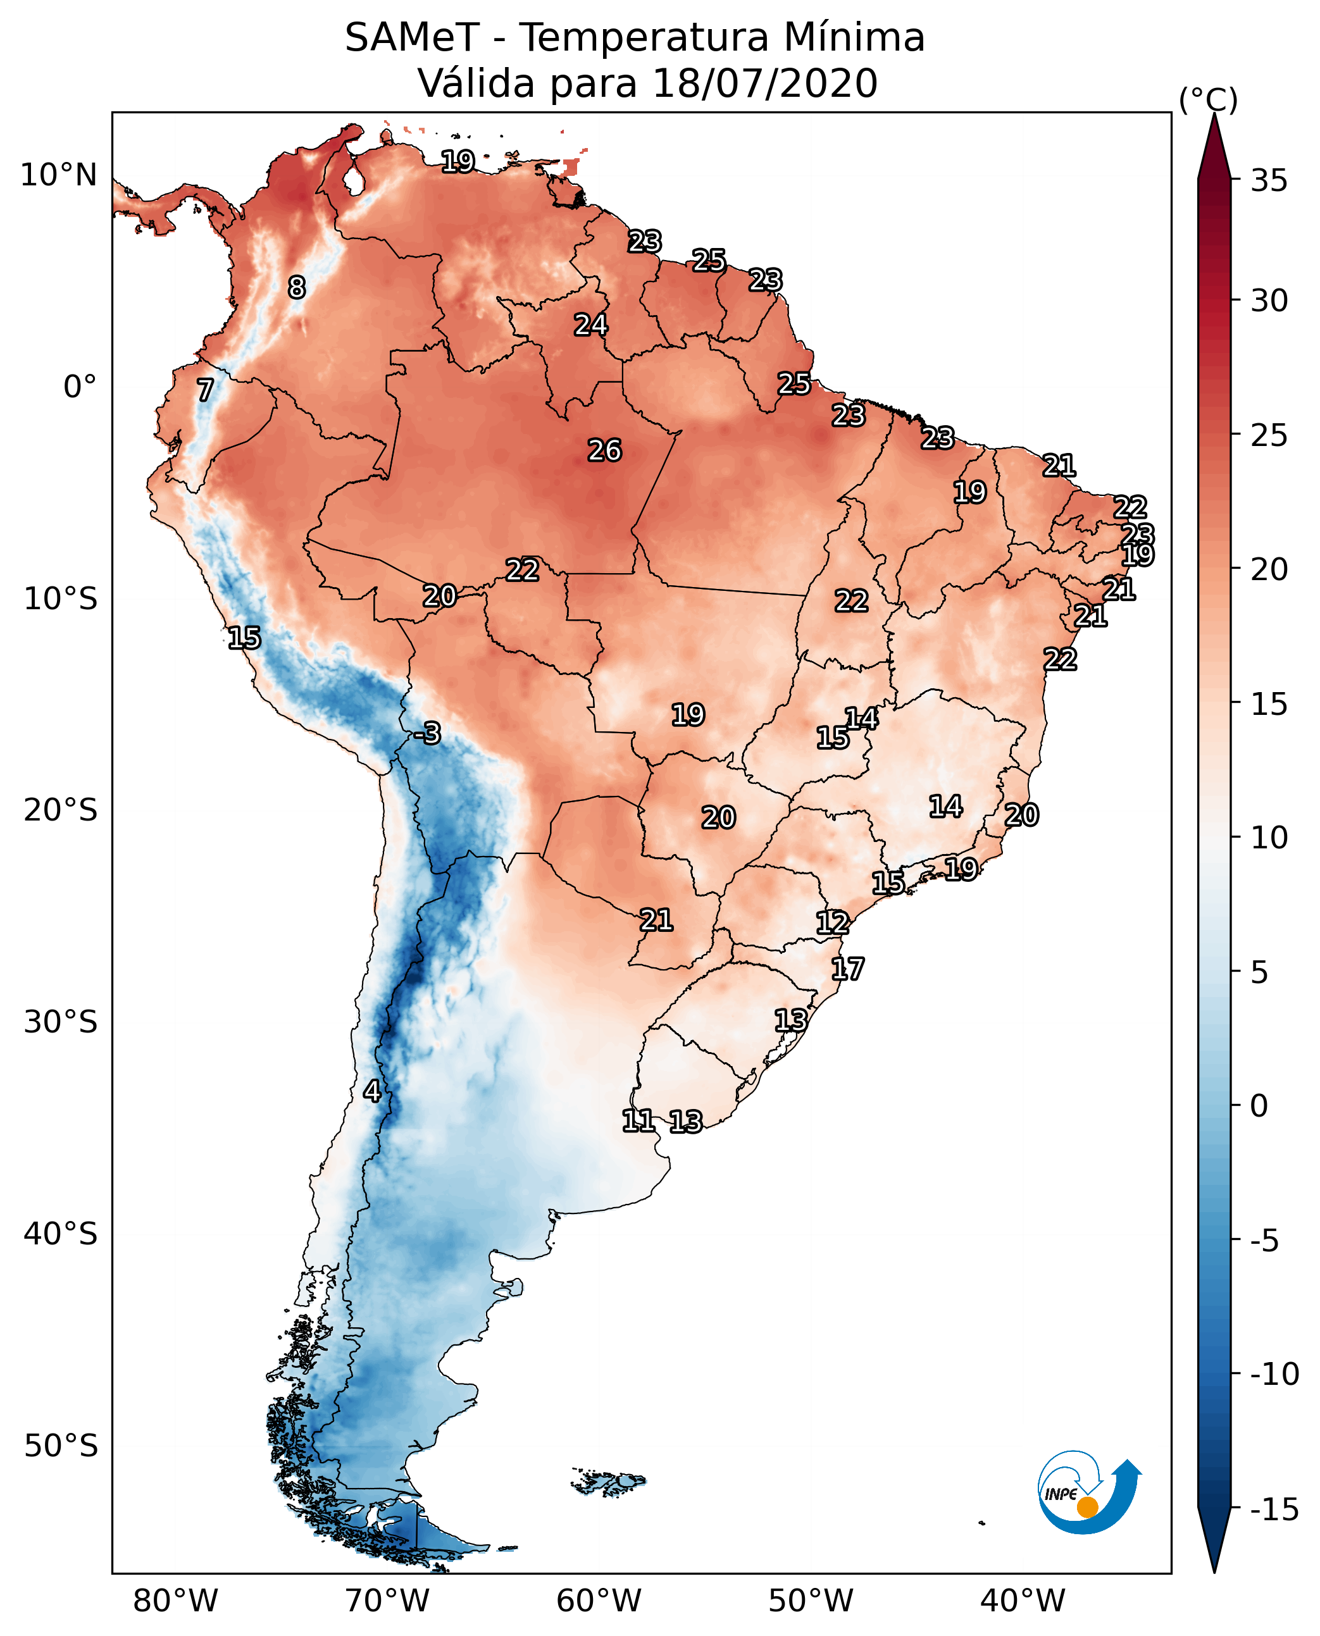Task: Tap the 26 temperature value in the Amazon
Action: [x=604, y=451]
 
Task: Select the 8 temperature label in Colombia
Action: [x=297, y=287]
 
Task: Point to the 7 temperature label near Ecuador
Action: [x=205, y=390]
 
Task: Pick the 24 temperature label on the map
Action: [x=591, y=325]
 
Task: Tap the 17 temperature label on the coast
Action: [x=847, y=969]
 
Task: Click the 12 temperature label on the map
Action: [x=833, y=923]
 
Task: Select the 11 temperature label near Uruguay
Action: [x=638, y=1120]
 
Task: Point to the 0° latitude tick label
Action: [x=80, y=387]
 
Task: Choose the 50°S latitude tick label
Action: [x=61, y=1445]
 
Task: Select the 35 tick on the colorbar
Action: [x=1269, y=181]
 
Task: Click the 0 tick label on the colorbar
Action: [x=1259, y=1106]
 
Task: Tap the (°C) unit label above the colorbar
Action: [x=1208, y=99]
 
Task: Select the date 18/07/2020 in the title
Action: [x=765, y=84]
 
